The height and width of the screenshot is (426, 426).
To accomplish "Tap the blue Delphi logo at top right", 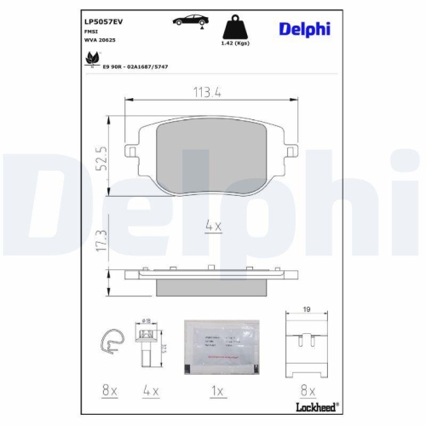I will pos(302,30).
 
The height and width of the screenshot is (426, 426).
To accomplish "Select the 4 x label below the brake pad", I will pos(213,226).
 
